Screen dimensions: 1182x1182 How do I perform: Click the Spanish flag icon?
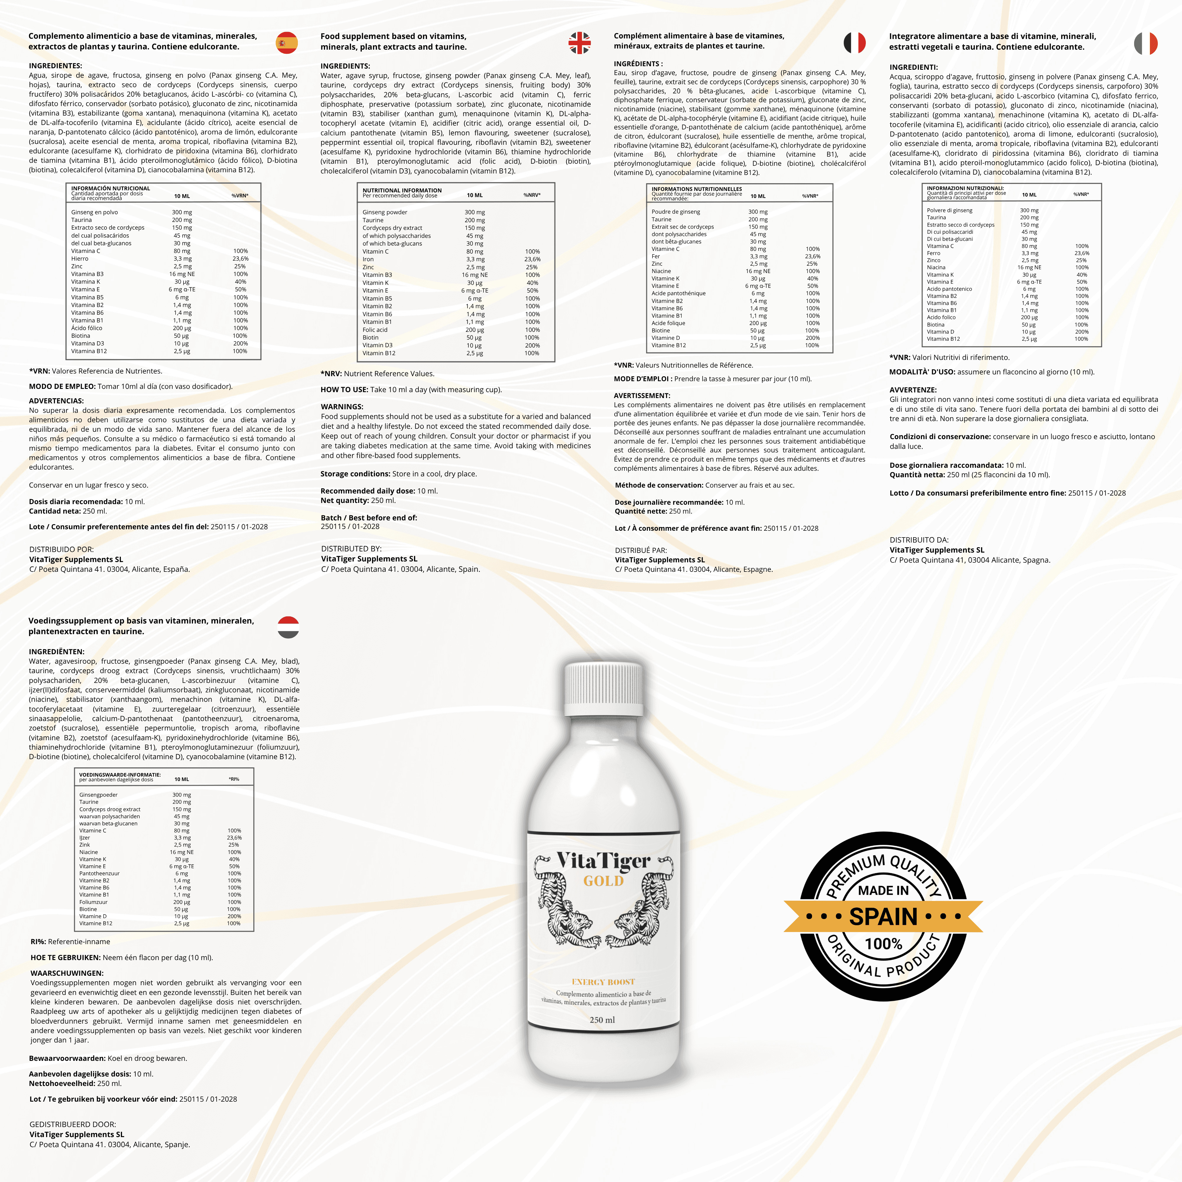286,43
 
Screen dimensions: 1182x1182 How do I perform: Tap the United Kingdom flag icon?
579,43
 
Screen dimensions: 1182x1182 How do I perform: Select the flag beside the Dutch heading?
288,627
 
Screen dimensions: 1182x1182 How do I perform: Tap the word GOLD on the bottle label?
603,881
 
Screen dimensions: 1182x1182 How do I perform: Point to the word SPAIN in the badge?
884,916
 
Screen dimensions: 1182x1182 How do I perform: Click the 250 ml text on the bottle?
602,1020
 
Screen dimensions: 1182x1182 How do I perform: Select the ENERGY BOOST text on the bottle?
603,982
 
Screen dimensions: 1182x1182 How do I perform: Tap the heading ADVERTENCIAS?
56,401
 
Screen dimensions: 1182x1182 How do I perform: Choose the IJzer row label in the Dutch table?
85,837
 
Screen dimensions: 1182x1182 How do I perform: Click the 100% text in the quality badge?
884,944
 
